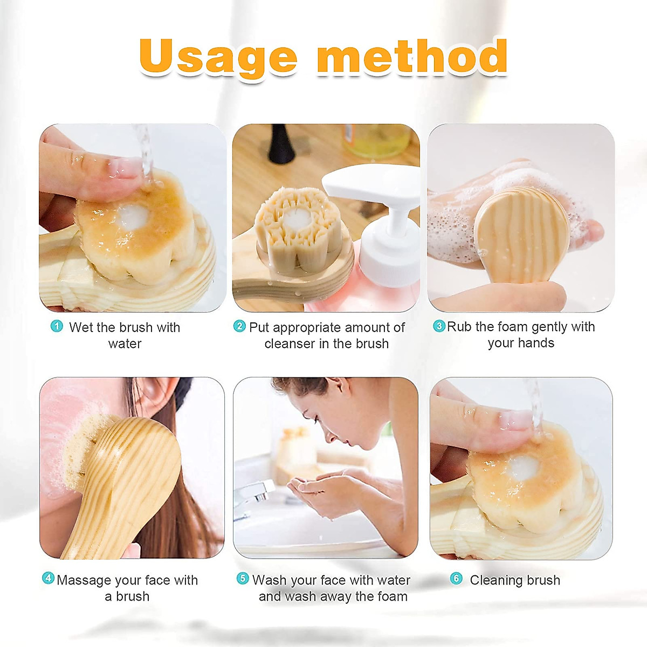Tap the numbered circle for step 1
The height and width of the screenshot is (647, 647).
(x=57, y=326)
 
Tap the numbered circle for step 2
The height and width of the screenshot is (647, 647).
(x=239, y=326)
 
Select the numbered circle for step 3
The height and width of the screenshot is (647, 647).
(x=439, y=326)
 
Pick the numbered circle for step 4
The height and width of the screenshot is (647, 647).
(x=48, y=579)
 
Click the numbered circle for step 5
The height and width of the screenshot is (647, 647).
(x=243, y=579)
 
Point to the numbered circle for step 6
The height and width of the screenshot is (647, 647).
(x=456, y=579)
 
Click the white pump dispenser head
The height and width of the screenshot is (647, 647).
(x=372, y=189)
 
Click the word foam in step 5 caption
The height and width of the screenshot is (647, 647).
(x=392, y=596)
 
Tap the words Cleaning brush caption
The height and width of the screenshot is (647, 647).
(x=514, y=580)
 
